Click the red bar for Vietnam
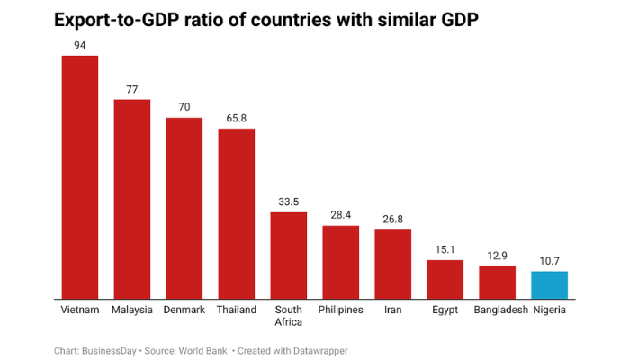click(79, 176)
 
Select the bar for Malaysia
click(131, 198)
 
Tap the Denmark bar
click(184, 208)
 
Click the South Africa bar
click(289, 255)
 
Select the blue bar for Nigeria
click(549, 284)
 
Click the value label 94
click(79, 44)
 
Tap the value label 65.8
click(236, 117)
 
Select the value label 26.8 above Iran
click(393, 218)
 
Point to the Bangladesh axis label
click(497, 310)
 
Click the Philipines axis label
click(341, 310)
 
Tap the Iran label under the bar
click(393, 310)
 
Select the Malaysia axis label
click(131, 310)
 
